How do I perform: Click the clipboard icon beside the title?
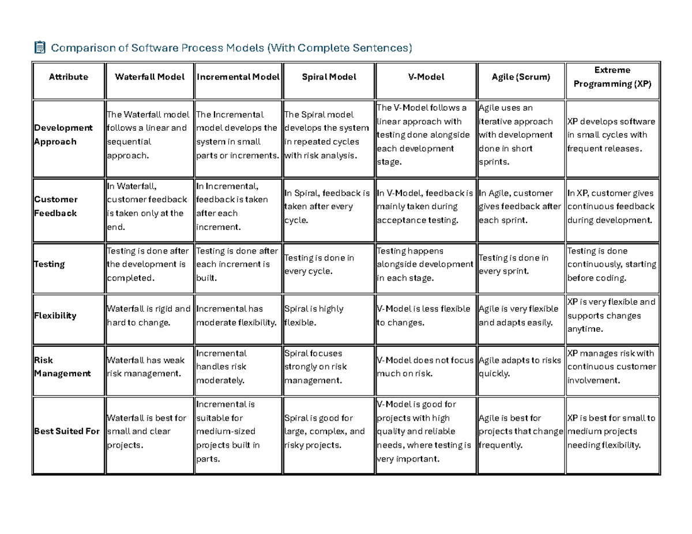coord(40,47)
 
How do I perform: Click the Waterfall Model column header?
coord(150,77)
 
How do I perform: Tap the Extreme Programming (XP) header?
coord(612,77)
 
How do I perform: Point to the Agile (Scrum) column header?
coord(521,77)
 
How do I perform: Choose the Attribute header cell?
coord(69,77)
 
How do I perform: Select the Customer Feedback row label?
coord(56,206)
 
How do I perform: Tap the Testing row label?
coord(50,264)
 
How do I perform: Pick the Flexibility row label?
coord(55,316)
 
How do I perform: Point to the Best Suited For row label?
coord(67,431)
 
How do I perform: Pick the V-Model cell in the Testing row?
coord(424,264)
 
